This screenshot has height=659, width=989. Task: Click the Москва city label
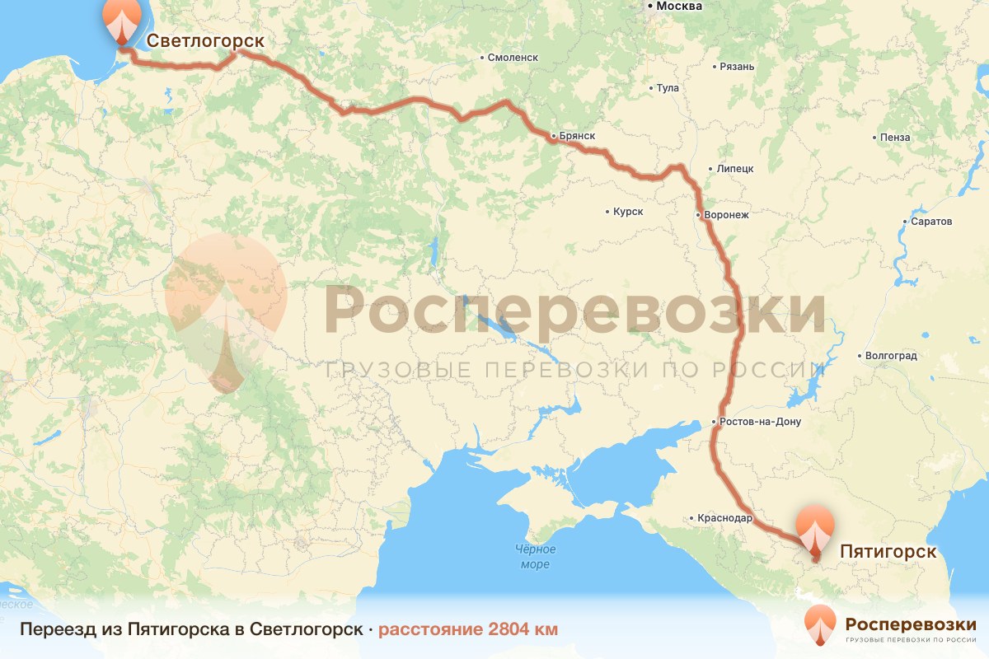tap(678, 7)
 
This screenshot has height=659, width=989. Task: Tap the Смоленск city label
tap(513, 58)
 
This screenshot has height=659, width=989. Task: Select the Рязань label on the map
tap(736, 66)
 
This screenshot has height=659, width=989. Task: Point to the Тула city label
tap(667, 88)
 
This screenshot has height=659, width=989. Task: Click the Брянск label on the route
tap(576, 135)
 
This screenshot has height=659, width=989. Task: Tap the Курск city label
tap(627, 212)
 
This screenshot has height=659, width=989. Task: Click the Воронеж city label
tap(725, 216)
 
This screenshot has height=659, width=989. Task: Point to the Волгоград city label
tap(890, 357)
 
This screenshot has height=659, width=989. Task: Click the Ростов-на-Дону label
tap(759, 423)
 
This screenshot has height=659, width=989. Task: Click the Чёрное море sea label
tap(535, 557)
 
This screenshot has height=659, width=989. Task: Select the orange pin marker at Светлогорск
tap(121, 21)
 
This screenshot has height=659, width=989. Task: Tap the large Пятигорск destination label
tap(888, 552)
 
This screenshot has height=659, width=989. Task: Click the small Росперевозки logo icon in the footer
tap(820, 624)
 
